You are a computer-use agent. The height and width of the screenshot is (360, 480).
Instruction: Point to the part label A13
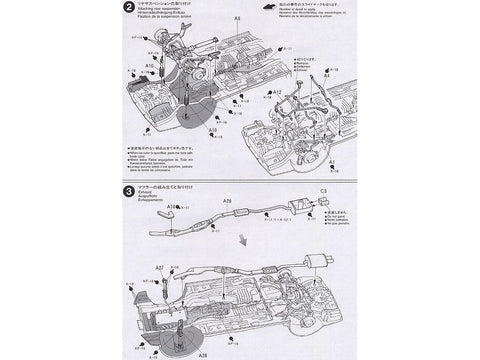[x=213, y=130]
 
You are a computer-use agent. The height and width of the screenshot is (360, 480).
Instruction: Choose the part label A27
[x=160, y=268]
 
